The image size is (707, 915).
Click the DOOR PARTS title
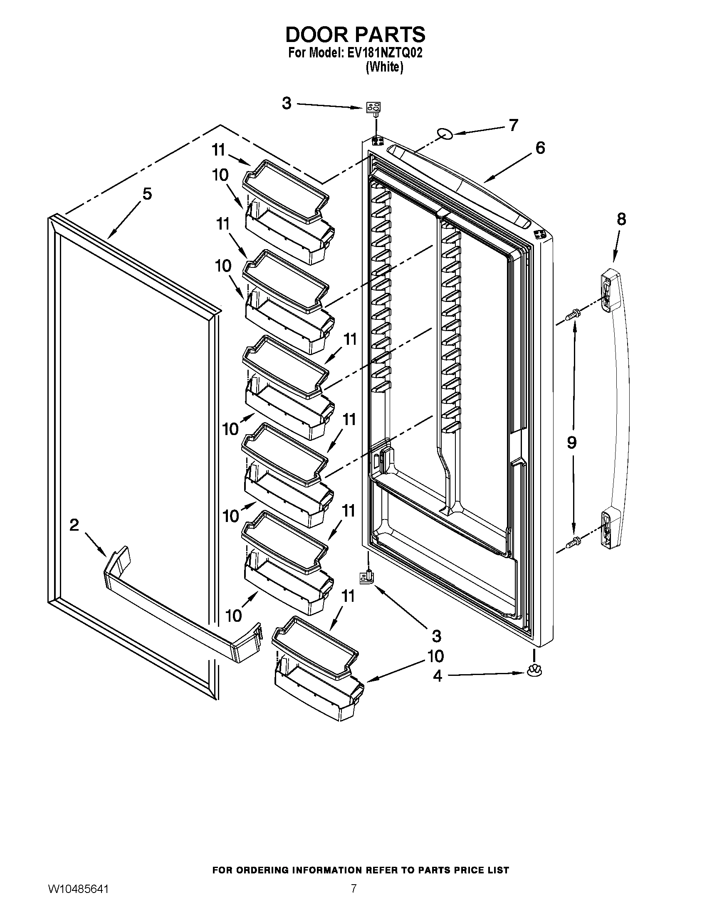click(x=355, y=35)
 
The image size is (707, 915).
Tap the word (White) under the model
click(x=384, y=67)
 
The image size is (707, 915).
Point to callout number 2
click(x=74, y=525)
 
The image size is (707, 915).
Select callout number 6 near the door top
click(x=540, y=148)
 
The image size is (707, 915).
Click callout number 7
click(x=514, y=125)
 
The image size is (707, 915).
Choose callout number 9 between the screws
click(x=572, y=443)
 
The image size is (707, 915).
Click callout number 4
click(x=437, y=676)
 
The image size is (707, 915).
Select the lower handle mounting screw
click(x=571, y=544)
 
